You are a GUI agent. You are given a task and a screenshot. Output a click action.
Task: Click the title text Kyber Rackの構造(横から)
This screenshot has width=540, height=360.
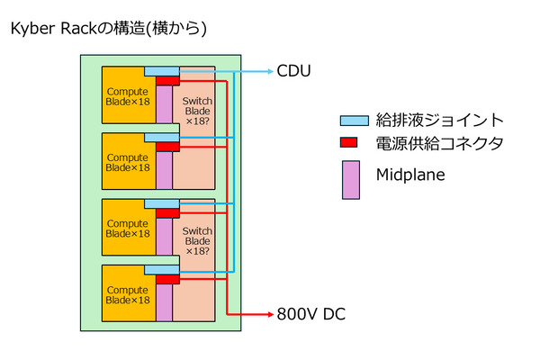click(x=108, y=29)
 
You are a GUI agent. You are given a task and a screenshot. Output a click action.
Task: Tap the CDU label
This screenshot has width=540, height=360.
click(x=292, y=69)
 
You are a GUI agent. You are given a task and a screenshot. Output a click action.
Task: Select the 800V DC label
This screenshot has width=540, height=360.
click(x=310, y=314)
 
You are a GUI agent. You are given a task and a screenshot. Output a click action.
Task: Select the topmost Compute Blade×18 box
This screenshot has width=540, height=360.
click(x=126, y=94)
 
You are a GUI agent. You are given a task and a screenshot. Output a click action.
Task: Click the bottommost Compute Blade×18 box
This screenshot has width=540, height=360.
click(x=126, y=293)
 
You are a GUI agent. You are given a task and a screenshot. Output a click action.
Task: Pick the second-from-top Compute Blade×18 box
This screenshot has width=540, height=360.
click(x=126, y=161)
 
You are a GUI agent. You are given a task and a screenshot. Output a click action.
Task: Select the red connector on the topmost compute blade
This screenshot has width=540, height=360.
click(x=167, y=81)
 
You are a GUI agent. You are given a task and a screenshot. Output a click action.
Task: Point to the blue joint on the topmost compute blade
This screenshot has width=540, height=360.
click(x=162, y=71)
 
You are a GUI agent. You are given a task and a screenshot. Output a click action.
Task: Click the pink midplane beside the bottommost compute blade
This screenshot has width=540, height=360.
click(x=164, y=301)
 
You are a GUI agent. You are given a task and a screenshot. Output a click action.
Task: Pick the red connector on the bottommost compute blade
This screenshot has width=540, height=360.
click(x=167, y=280)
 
